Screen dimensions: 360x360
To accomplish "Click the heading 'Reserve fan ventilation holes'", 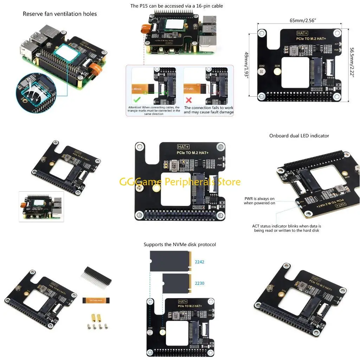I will coord(60,14).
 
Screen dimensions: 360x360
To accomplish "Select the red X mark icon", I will coord(189,100).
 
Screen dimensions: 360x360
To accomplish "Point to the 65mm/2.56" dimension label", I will coord(303,20).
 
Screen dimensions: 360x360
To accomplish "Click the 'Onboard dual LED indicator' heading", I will coord(299,136).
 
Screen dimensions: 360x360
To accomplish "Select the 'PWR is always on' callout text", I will coord(259,201).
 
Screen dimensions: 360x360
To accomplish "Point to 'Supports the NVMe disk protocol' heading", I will coord(180,244).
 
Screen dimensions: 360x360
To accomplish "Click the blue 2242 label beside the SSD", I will coord(199,262).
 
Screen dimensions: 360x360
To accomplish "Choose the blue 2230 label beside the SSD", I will coord(199,283).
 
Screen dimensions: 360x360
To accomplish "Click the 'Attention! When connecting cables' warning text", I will coord(154,111).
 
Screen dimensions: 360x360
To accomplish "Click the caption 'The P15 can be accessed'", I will coord(176,6).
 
